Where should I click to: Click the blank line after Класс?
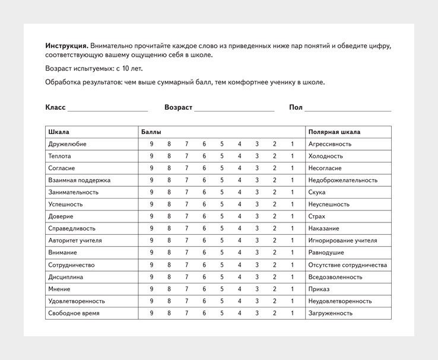coord(107,108)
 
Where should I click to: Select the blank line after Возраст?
coord(234,108)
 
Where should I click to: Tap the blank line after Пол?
coord(348,108)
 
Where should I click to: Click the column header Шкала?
coord(59,132)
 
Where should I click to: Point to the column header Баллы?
coord(151,132)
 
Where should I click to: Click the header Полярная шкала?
coord(334,132)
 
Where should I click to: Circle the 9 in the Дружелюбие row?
coord(151,144)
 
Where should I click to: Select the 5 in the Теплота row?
coord(222,156)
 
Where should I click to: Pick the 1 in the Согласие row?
coord(292,168)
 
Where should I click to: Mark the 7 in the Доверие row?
coord(186,216)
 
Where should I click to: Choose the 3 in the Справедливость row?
coord(257,228)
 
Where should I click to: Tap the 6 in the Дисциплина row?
coord(204,277)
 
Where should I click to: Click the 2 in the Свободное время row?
coord(275,313)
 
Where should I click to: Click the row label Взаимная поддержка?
coord(79,180)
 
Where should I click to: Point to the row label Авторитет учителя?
coord(75,241)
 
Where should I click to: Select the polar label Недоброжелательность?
coord(343,180)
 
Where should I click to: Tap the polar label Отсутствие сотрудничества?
coord(348,265)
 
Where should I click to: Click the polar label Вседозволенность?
coord(335,277)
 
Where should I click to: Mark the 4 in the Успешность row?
coord(239,205)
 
